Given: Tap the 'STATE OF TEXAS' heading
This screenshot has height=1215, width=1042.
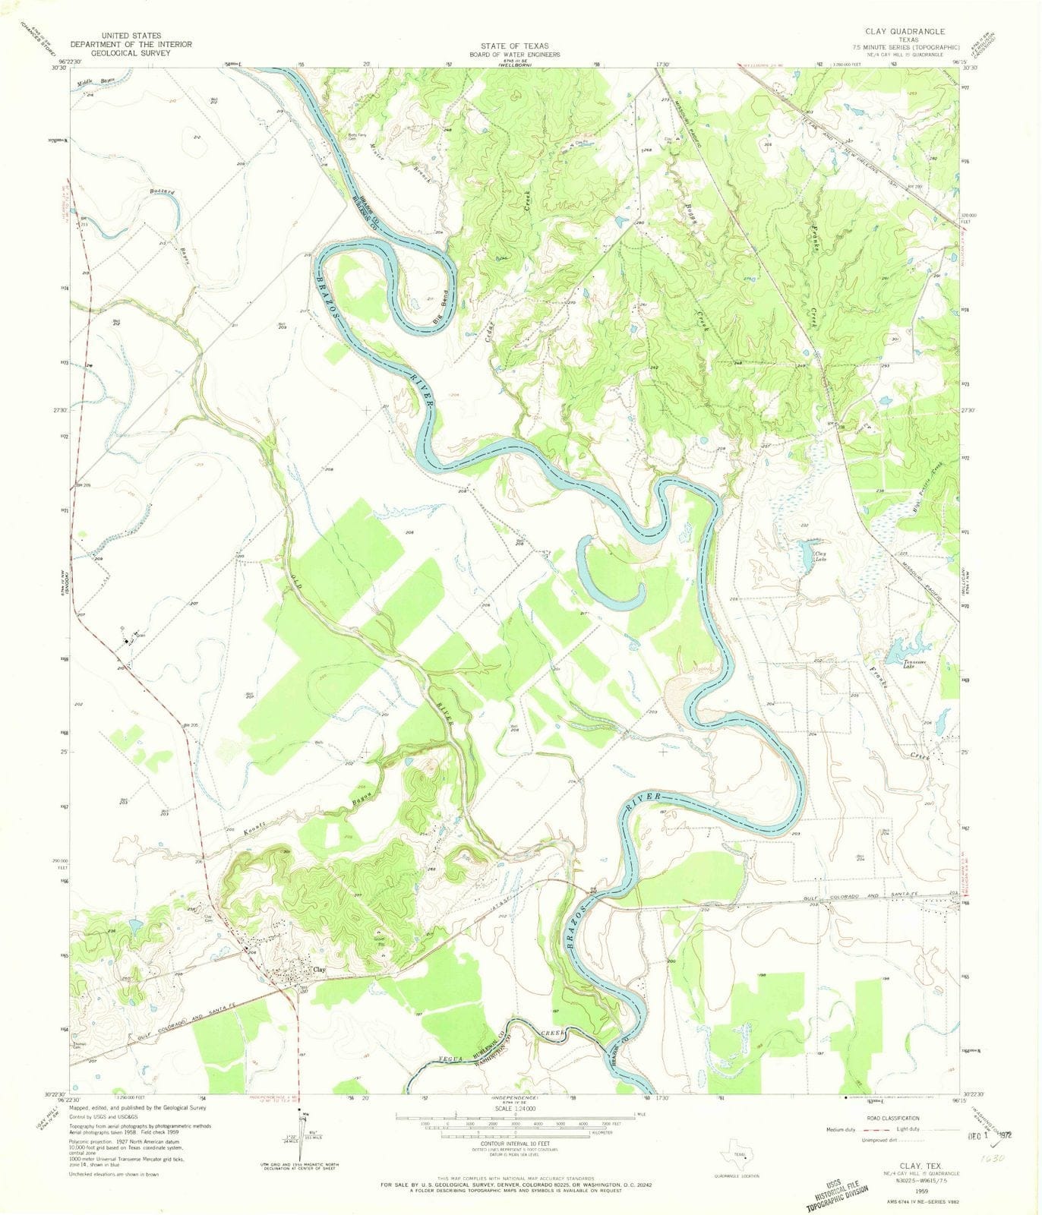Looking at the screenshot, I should click(520, 46).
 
